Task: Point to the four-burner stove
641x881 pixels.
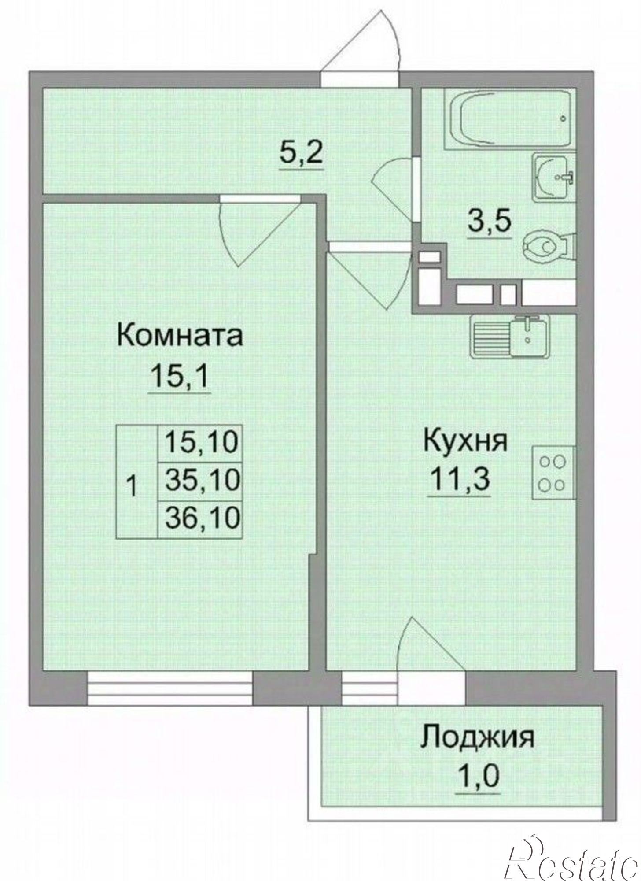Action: pyautogui.click(x=553, y=473)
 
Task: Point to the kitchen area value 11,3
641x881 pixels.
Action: pyautogui.click(x=460, y=479)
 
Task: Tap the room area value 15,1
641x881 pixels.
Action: pyautogui.click(x=179, y=377)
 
